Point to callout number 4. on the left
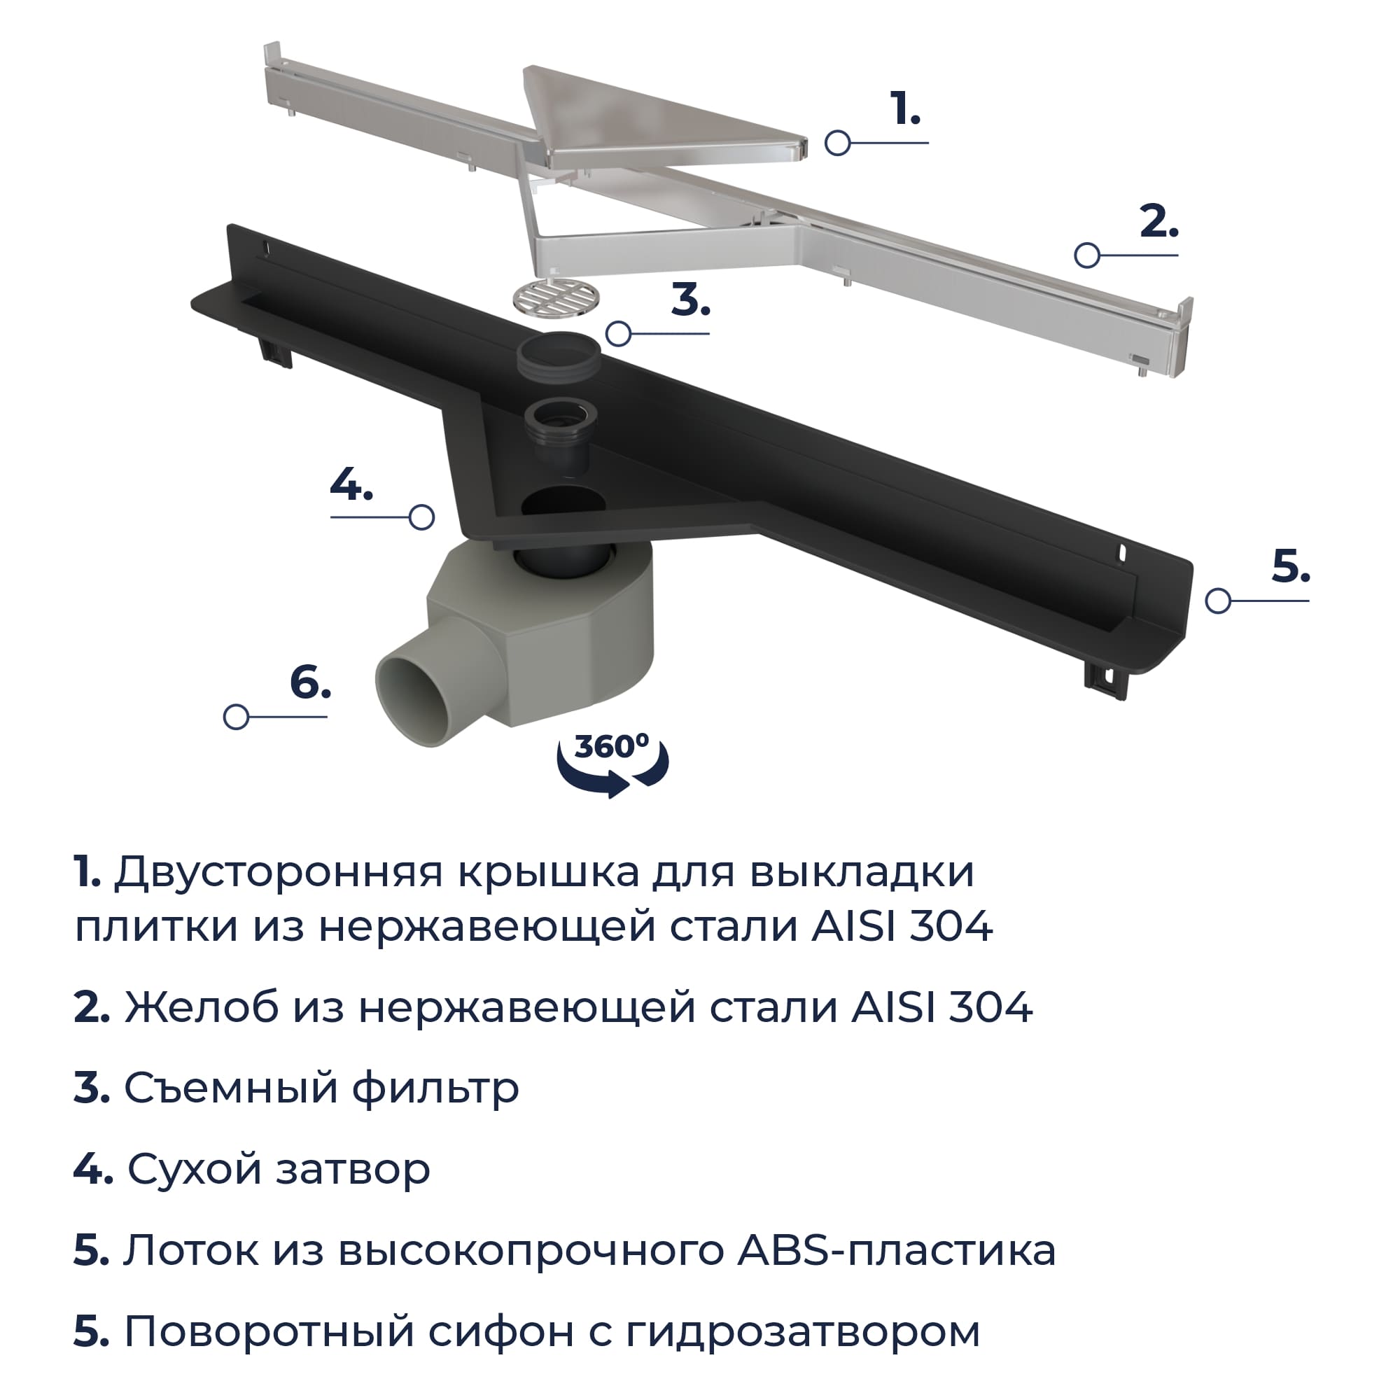click(351, 484)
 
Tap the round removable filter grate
click(556, 297)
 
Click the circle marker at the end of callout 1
click(838, 143)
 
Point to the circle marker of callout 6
click(236, 717)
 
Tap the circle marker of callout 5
click(1218, 601)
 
